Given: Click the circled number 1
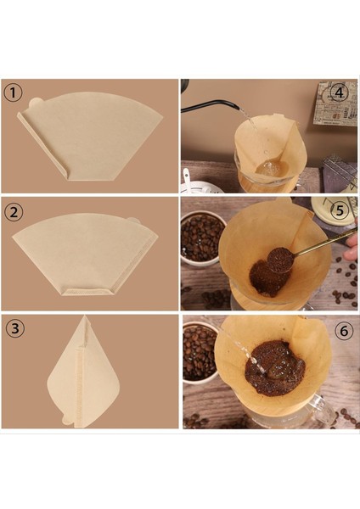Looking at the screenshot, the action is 13,93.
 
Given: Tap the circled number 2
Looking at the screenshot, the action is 14,212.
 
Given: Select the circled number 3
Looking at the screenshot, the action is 15,328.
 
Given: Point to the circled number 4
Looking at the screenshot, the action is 339,93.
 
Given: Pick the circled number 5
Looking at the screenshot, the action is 340,210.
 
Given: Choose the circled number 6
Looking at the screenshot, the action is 344,331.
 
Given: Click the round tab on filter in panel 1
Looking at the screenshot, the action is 35,103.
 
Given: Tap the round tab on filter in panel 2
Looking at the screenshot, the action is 133,221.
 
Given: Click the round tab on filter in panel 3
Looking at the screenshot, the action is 67,420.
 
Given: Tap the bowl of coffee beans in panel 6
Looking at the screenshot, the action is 199,352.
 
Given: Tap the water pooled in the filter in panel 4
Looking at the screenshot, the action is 272,168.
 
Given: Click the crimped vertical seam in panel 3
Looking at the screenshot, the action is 78,385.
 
